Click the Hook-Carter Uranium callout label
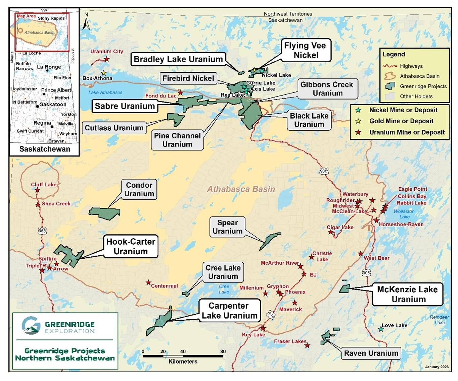[131, 246]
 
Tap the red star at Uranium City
[106, 59]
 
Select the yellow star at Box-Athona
[104, 73]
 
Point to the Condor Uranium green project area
[104, 213]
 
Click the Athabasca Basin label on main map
[241, 189]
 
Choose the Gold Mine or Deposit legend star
[358, 121]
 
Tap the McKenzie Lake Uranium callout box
[407, 294]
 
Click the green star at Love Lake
[380, 329]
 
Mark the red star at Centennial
[148, 282]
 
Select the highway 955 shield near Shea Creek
[42, 231]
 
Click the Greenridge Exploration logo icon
[31, 325]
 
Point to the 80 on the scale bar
[223, 352]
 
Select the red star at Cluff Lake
[37, 190]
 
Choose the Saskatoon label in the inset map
[53, 105]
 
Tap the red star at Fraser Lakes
[307, 345]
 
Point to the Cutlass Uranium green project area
[176, 119]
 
